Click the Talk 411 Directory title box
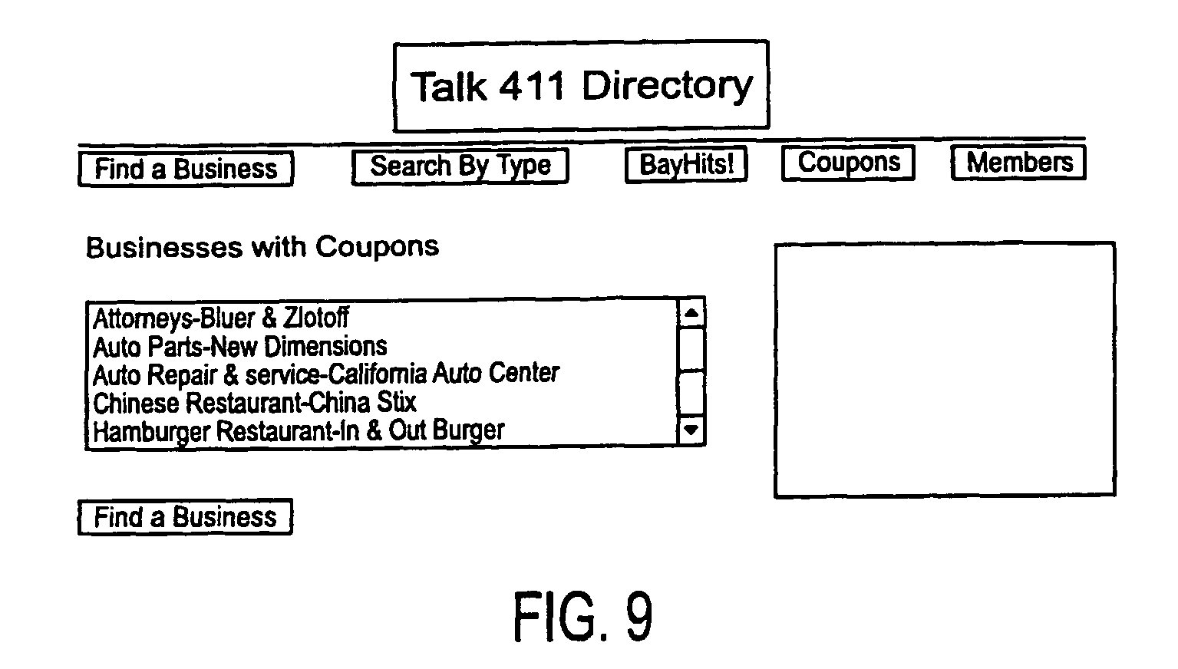tap(581, 85)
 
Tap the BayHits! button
tap(686, 165)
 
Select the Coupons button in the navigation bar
tap(848, 163)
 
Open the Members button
tap(1018, 163)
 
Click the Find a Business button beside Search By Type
tap(186, 169)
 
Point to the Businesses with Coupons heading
tap(262, 247)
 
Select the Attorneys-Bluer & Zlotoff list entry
tap(220, 318)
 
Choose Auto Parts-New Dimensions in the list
tap(239, 347)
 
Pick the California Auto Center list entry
tap(325, 374)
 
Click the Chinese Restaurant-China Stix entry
tap(255, 403)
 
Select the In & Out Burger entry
tap(299, 431)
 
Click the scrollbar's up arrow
tap(691, 314)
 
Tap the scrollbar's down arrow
tap(691, 430)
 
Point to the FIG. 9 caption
tap(582, 616)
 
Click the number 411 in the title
tap(531, 86)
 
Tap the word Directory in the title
tap(668, 87)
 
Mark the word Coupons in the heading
tap(377, 247)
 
